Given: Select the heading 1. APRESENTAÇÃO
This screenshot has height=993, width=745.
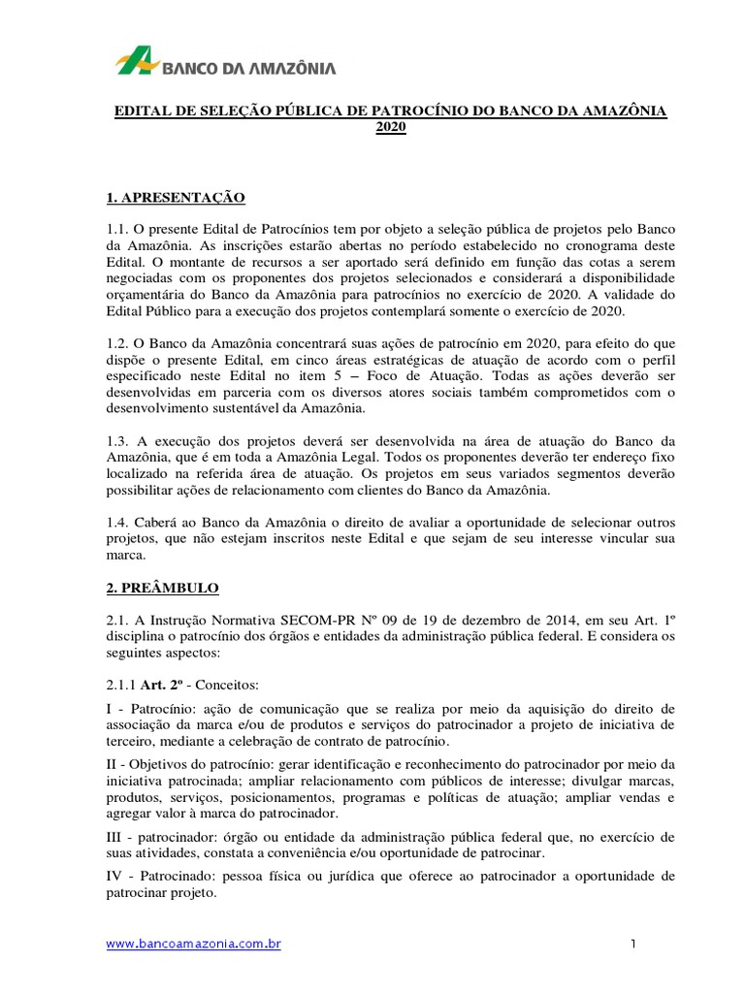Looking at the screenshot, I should (x=176, y=198).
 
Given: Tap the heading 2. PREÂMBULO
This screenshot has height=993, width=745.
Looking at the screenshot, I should (x=162, y=588).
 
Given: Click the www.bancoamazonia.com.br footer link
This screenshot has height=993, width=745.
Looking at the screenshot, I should (x=193, y=944).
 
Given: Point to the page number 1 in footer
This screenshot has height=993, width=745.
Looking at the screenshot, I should (x=632, y=944).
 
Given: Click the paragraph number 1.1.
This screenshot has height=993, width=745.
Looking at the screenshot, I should (x=117, y=229).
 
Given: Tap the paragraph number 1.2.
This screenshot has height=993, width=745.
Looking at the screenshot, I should (x=117, y=343).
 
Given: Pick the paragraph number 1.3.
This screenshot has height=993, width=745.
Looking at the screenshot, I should (x=117, y=440).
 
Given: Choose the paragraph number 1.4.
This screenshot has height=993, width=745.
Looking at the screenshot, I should (x=117, y=522).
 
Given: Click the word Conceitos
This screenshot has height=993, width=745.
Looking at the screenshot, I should (x=223, y=684).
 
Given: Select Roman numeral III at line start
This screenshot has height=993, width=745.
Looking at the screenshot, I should (x=114, y=837).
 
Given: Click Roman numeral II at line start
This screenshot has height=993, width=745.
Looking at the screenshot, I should (x=112, y=764).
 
